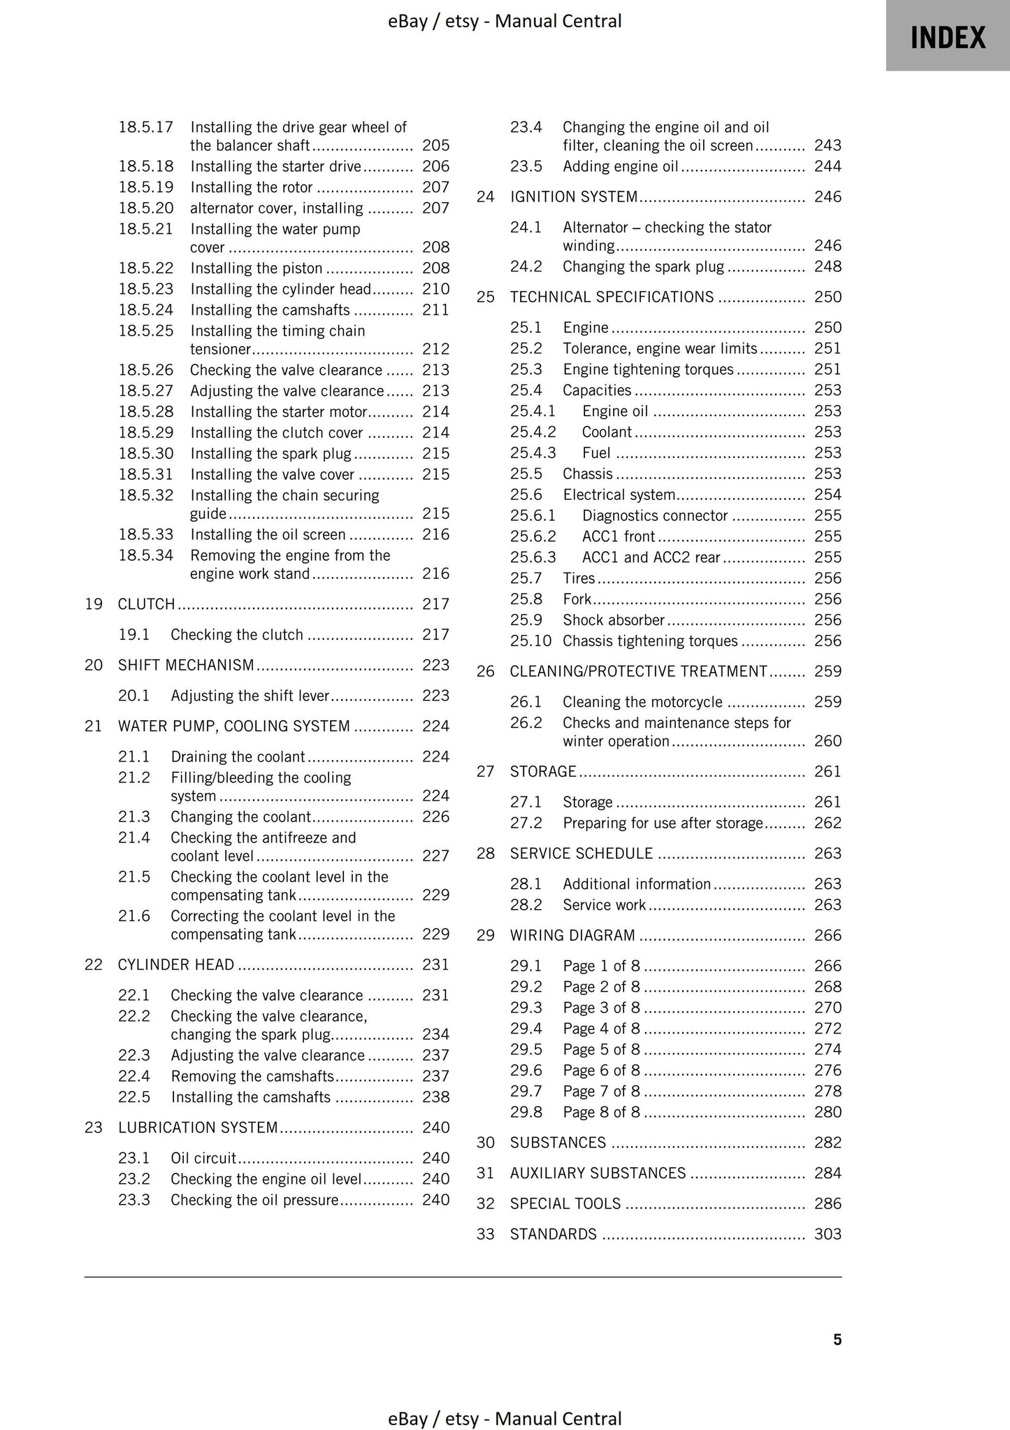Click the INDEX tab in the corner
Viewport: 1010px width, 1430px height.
click(x=947, y=36)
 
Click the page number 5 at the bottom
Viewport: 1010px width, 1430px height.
click(x=837, y=1339)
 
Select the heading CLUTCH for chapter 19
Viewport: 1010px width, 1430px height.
click(x=146, y=604)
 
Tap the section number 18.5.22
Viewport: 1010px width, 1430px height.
click(x=145, y=269)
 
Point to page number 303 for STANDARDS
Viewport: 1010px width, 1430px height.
click(x=828, y=1234)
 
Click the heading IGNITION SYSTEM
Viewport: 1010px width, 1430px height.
click(x=573, y=197)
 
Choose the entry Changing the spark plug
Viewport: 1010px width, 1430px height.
click(x=643, y=267)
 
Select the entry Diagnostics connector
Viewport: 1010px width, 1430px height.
click(x=655, y=516)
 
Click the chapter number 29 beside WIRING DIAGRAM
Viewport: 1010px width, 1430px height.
click(x=485, y=936)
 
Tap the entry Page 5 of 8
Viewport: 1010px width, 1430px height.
click(x=601, y=1050)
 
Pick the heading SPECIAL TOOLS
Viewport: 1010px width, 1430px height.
click(x=565, y=1203)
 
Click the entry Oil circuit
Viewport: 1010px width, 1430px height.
click(x=203, y=1158)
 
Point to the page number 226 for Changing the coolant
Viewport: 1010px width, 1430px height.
click(x=435, y=817)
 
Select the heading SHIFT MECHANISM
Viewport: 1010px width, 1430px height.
click(x=186, y=665)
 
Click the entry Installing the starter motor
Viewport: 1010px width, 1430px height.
click(x=278, y=412)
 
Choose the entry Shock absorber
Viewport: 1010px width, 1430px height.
click(x=613, y=620)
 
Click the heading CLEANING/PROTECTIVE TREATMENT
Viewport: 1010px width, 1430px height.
click(x=638, y=671)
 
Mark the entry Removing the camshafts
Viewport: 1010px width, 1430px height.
click(x=252, y=1076)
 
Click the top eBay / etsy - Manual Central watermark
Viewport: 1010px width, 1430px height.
click(x=505, y=21)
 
